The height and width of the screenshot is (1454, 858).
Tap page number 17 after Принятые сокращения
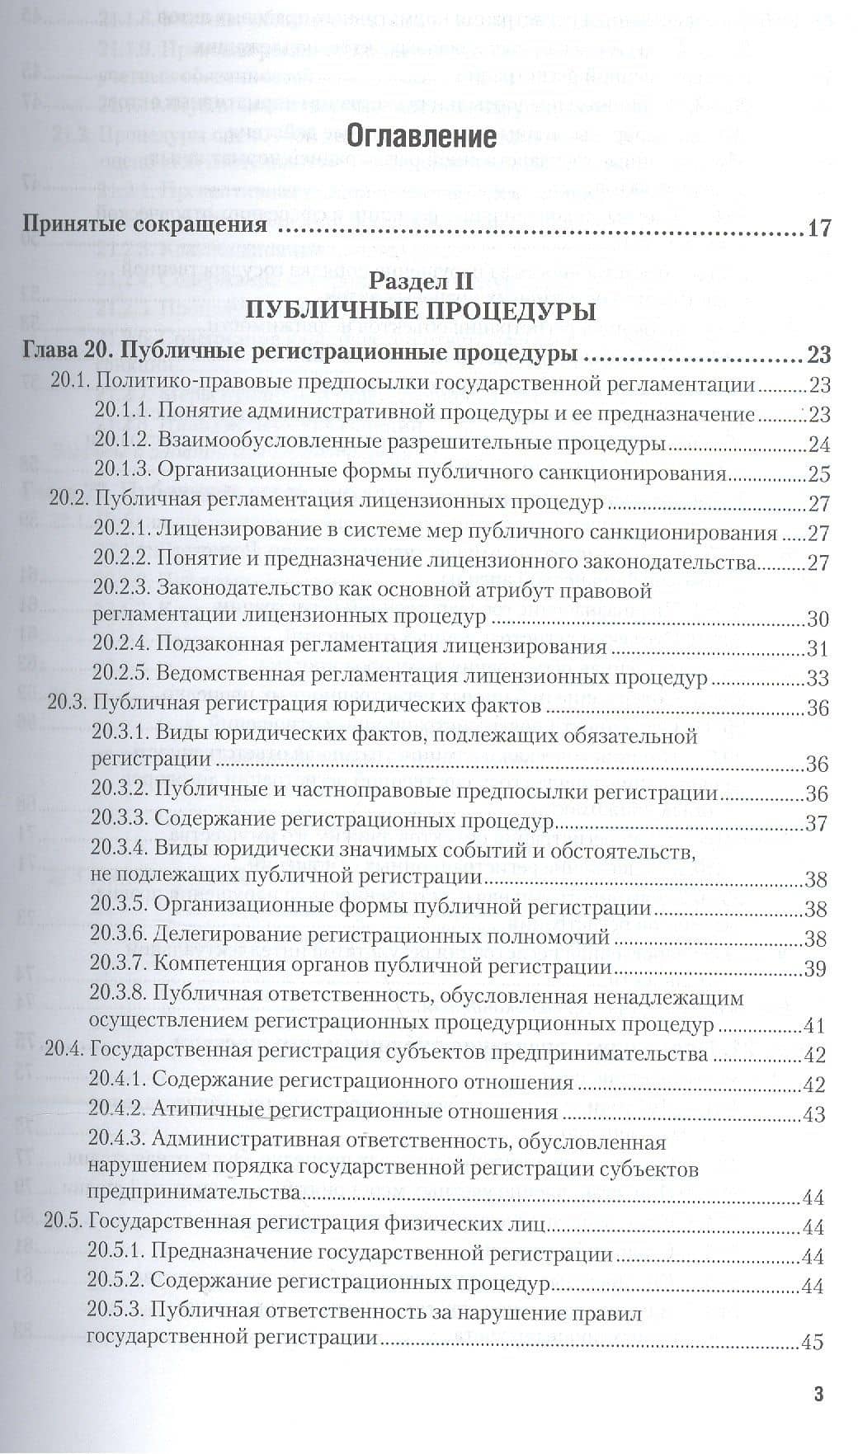pyautogui.click(x=818, y=228)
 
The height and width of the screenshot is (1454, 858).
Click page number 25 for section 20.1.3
pyautogui.click(x=818, y=474)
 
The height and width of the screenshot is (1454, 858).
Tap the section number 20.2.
pyautogui.click(x=68, y=502)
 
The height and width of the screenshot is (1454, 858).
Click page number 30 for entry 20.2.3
pyautogui.click(x=817, y=620)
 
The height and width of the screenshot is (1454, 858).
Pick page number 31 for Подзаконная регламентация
pyautogui.click(x=817, y=649)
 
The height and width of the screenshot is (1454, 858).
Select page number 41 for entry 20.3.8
pyautogui.click(x=814, y=1027)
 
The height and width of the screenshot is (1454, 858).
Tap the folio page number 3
pyautogui.click(x=819, y=1395)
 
